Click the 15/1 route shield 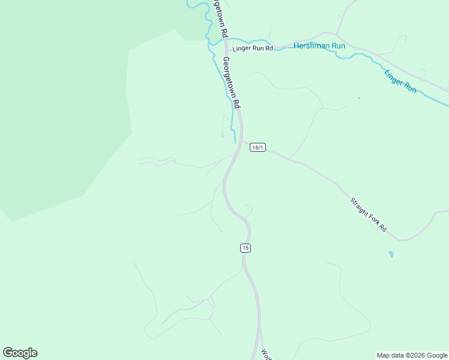tap(257, 148)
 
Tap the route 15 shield tap(245, 248)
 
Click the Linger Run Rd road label tap(253, 48)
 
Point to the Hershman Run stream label tap(319, 46)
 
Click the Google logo tap(20, 353)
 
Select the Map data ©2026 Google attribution tap(412, 355)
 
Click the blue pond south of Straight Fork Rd tap(391, 254)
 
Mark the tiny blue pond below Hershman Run tap(358, 98)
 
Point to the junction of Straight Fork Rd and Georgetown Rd tap(243, 142)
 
